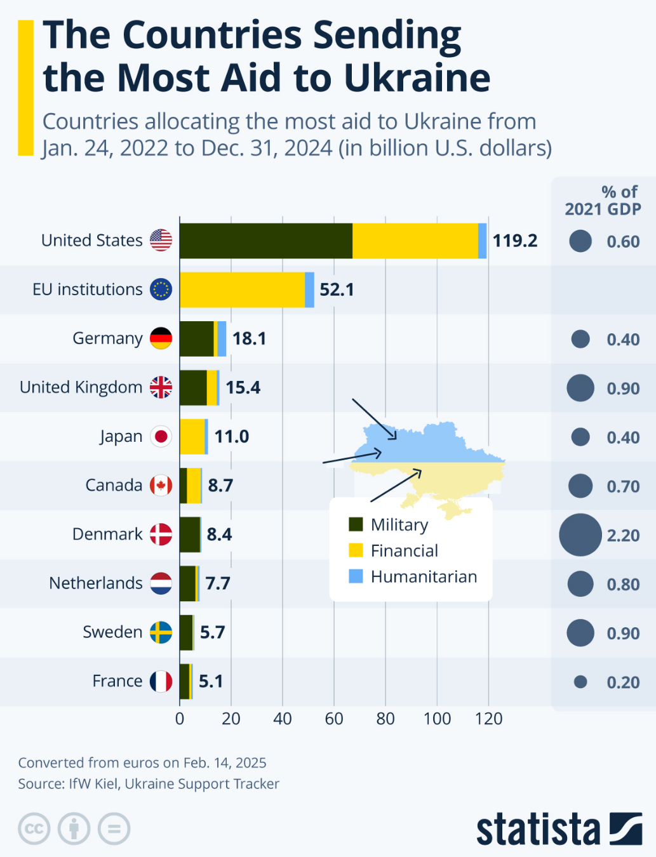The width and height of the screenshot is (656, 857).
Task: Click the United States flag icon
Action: pos(161,240)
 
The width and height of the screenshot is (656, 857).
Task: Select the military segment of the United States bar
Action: pos(265,241)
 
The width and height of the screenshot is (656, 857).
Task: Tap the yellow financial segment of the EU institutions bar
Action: pos(242,289)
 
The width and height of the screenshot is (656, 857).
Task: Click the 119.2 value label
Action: pos(515,241)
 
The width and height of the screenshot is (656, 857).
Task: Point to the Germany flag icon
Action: pos(161,338)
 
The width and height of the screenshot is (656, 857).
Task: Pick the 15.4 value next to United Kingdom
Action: pos(243,387)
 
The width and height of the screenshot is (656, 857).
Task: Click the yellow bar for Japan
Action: pos(192,437)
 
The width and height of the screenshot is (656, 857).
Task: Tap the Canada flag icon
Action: pos(161,486)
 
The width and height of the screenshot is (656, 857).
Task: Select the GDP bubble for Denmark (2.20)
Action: pos(580,535)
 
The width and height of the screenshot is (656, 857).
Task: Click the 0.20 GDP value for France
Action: pos(623,682)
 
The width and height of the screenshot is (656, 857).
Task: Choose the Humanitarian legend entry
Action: pos(424,576)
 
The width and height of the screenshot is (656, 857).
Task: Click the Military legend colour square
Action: pos(356,524)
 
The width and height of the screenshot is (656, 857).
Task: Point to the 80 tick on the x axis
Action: pos(385,719)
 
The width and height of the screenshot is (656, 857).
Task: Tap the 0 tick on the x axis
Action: pos(180,719)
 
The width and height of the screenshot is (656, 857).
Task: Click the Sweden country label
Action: pos(112,632)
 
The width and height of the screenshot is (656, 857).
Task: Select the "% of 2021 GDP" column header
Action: pos(603,200)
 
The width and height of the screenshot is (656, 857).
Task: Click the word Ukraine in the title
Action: pos(417,78)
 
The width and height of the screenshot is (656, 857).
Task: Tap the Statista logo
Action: pos(559,828)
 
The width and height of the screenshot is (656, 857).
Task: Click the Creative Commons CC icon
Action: pos(34,828)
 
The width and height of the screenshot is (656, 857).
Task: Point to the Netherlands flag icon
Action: pos(161,583)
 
